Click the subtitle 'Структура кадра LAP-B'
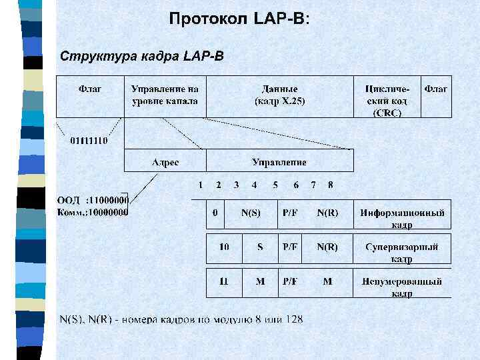142,55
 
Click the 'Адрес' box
165,161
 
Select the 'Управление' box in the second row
279,161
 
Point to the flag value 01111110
89,140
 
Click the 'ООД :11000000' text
92,199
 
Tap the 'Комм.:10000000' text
92,212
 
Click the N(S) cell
251,213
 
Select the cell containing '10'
224,247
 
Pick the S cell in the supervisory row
260,247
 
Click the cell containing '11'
224,281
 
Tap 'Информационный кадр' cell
402,217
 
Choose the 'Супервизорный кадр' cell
402,251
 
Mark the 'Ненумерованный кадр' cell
402,286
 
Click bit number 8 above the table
331,185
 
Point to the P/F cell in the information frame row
290,213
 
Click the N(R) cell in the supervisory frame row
327,247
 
